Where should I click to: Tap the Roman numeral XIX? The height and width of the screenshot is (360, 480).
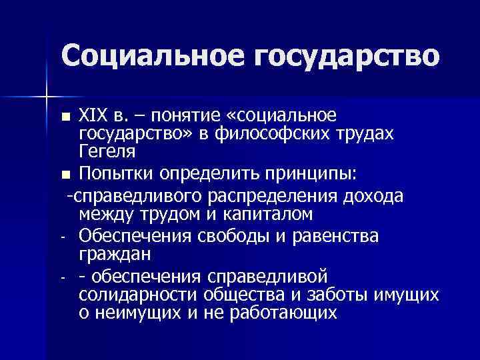coord(93,115)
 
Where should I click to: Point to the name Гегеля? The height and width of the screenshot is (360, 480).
coord(106,152)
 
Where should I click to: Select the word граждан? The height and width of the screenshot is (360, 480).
coord(115,254)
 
